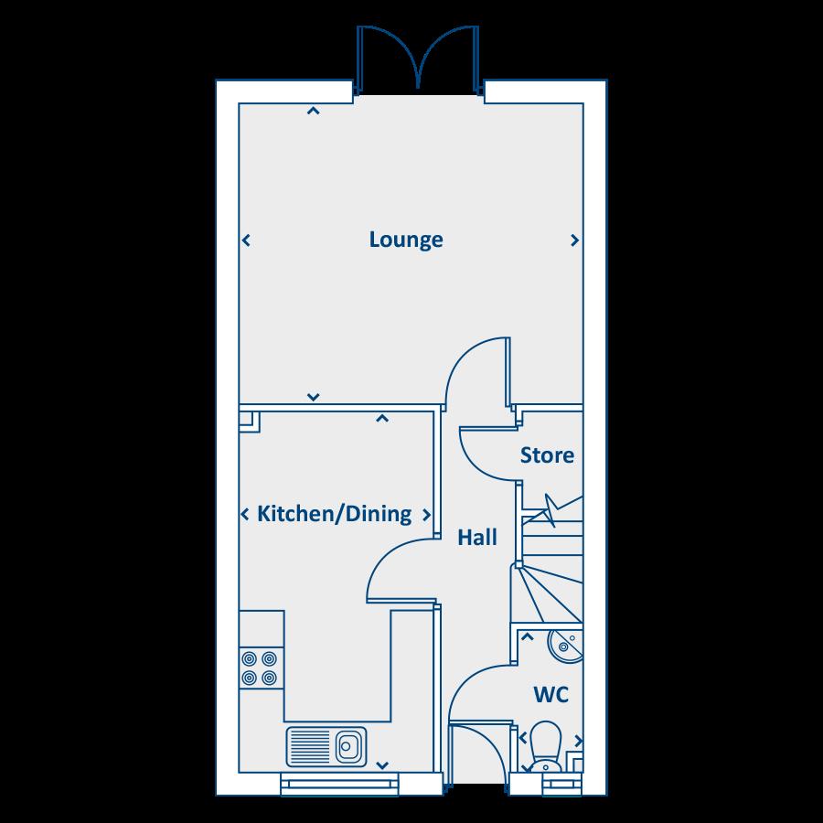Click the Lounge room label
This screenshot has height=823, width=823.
406,240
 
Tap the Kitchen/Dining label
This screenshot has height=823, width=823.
334,514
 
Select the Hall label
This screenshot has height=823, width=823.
477,538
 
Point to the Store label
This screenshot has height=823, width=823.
547,455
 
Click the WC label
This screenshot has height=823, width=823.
550,696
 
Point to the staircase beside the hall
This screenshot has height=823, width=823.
549,567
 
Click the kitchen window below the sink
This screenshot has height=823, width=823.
339,782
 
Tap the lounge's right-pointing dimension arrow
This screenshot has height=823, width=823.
574,240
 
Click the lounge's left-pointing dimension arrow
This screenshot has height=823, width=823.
246,240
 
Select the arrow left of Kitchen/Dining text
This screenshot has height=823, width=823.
245,515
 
